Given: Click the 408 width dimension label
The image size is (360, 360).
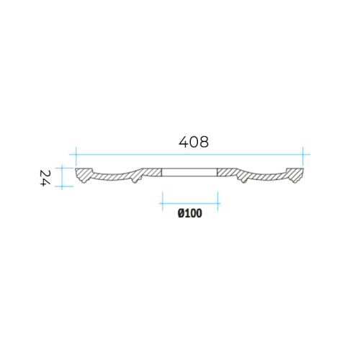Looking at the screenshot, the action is pyautogui.click(x=194, y=142).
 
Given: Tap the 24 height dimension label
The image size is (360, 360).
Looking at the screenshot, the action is pyautogui.click(x=45, y=178).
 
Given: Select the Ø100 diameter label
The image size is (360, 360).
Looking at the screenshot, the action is pyautogui.click(x=190, y=213).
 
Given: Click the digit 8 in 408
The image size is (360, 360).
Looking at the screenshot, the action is pyautogui.click(x=204, y=142).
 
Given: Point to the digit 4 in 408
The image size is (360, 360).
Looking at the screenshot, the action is pyautogui.click(x=184, y=142).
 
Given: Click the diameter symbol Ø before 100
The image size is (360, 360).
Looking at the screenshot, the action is pyautogui.click(x=181, y=213).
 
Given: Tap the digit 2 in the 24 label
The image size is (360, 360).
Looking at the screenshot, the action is pyautogui.click(x=45, y=174).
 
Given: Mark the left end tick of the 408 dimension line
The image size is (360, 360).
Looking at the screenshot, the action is pyautogui.click(x=76, y=154).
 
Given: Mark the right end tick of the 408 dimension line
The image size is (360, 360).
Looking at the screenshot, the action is pyautogui.click(x=303, y=154).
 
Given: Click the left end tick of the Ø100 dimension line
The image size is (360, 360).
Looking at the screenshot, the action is pyautogui.click(x=163, y=204).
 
